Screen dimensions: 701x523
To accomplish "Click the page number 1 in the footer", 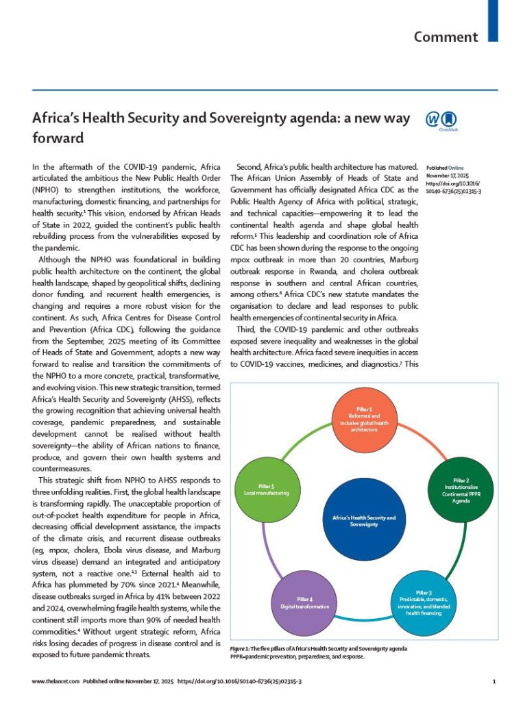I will pyautogui.click(x=493, y=682).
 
